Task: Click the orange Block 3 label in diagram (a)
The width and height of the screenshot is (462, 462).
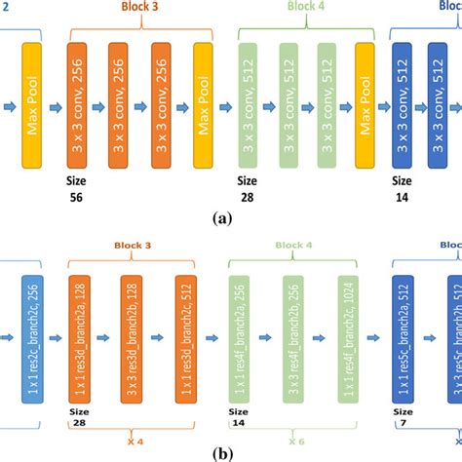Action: [x=142, y=9]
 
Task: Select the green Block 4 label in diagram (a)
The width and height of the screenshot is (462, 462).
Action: [x=307, y=9]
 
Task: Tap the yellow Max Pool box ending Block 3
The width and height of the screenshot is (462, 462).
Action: [x=204, y=102]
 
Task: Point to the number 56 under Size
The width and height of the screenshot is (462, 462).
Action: [x=76, y=198]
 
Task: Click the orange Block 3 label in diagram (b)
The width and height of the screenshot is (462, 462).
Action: [x=135, y=248]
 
